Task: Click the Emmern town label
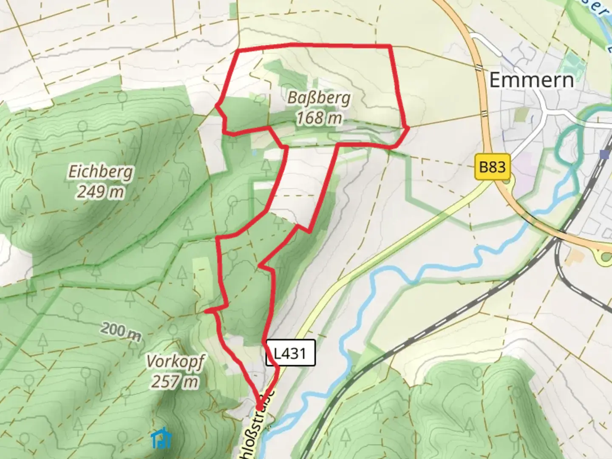tap(531, 80)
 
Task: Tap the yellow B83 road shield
tap(492, 167)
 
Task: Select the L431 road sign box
tap(291, 353)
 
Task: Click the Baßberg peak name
tap(319, 98)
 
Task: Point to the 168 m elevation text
tap(319, 118)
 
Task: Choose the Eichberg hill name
tap(101, 172)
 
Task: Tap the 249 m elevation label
tap(101, 192)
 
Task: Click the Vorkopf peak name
tap(175, 362)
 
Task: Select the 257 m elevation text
tap(175, 382)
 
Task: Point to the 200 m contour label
tap(121, 331)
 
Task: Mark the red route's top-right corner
tap(390, 45)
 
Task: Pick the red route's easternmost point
tap(408, 127)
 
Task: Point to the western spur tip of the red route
tap(206, 312)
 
